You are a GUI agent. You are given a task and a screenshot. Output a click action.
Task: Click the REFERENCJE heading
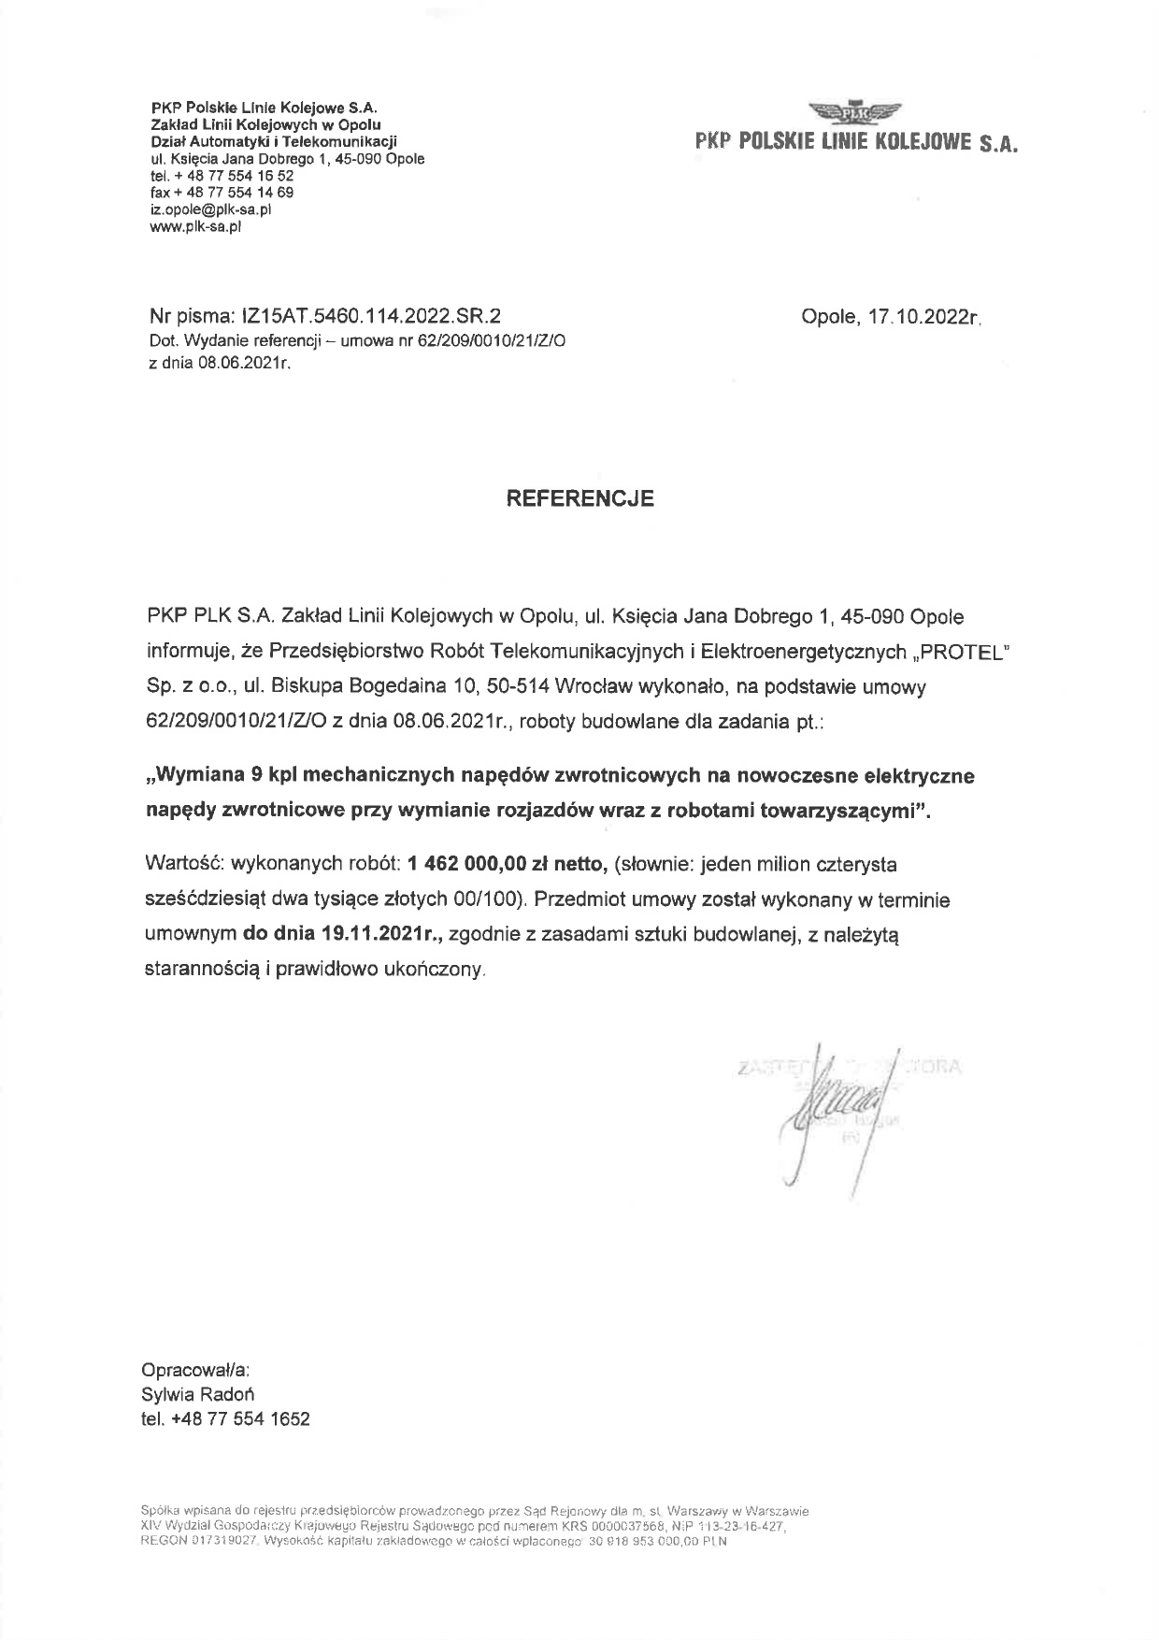(x=579, y=498)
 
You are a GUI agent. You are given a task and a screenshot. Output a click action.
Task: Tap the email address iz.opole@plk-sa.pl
(x=210, y=209)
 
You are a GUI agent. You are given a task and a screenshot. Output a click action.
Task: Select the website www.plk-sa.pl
(x=195, y=225)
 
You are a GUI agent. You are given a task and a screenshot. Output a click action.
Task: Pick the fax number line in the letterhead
(x=222, y=193)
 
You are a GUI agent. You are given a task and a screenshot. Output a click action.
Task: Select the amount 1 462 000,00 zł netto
(x=509, y=864)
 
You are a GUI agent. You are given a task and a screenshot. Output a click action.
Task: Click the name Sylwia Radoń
(x=197, y=1394)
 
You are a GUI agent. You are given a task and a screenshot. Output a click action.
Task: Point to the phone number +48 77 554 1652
(x=240, y=1418)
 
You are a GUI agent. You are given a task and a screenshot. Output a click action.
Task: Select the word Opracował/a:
(x=195, y=1370)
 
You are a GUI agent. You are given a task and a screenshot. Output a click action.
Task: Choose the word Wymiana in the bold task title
(x=201, y=775)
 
